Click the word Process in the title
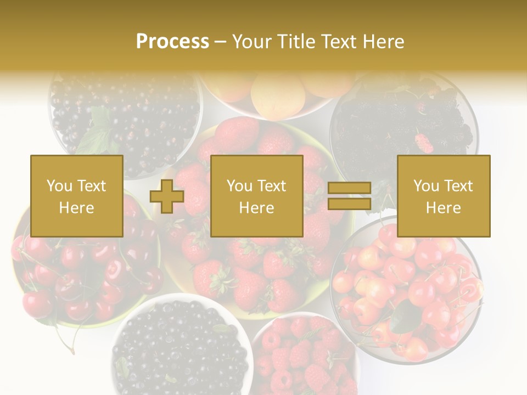pos(172,42)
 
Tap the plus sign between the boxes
pos(167,196)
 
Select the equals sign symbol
pos(349,196)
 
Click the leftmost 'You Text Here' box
pos(77,196)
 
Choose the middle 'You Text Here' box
pos(257,196)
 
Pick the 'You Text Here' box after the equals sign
pos(444,196)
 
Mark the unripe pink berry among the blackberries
pos(424,143)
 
